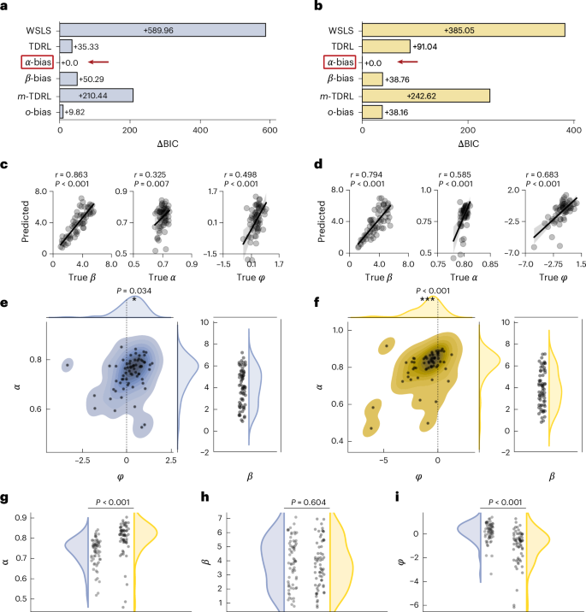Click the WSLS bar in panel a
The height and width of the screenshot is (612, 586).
(x=163, y=30)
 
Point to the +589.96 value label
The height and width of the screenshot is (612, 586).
(x=163, y=30)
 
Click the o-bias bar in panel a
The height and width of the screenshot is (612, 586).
(x=61, y=111)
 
